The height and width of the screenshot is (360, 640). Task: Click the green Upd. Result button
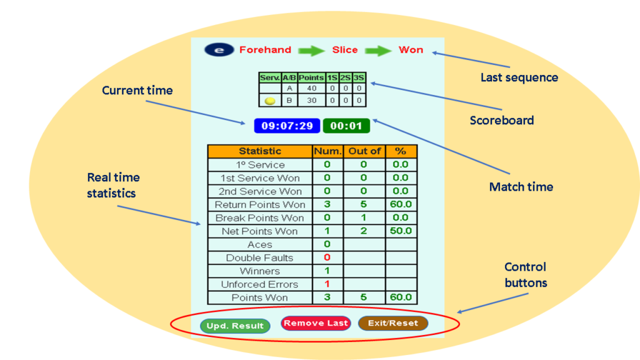click(235, 326)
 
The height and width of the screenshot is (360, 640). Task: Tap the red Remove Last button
click(316, 323)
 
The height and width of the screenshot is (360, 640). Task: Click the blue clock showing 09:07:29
click(287, 126)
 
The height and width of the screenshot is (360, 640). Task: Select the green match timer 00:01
click(346, 126)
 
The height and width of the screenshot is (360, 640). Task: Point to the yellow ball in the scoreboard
click(270, 100)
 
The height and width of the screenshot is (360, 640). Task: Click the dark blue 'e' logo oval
click(218, 50)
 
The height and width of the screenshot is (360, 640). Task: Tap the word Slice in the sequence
click(345, 50)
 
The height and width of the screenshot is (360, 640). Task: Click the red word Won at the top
click(411, 50)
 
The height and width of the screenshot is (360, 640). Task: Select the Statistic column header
click(260, 151)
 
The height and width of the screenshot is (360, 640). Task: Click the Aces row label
click(260, 244)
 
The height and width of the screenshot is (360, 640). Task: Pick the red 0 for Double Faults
click(327, 257)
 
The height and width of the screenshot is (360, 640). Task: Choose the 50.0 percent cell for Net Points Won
click(401, 231)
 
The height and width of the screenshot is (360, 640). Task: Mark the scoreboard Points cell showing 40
click(311, 89)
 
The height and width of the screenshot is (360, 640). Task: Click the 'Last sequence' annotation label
click(519, 77)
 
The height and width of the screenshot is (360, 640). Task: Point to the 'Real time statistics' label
click(113, 186)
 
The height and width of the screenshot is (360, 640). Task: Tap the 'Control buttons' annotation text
click(525, 274)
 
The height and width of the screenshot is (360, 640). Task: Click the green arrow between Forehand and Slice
click(311, 50)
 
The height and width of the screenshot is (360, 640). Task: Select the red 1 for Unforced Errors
click(327, 284)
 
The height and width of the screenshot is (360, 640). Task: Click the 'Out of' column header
click(364, 151)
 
